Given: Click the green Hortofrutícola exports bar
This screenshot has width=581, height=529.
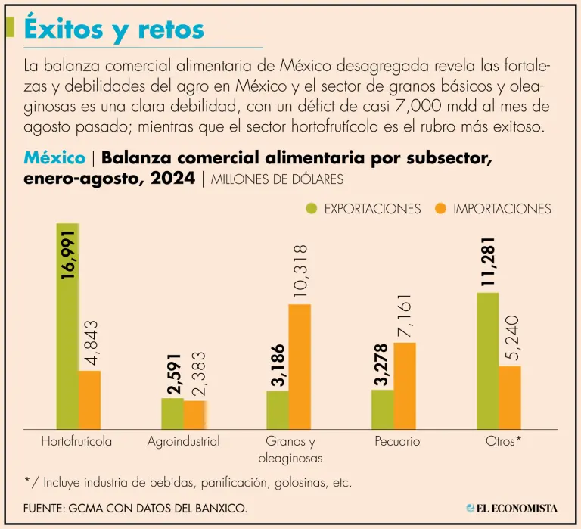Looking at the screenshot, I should click(67, 325).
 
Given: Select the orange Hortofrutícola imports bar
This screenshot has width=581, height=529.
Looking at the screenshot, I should click(90, 400).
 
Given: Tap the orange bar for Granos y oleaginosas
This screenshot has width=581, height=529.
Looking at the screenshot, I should click(300, 366).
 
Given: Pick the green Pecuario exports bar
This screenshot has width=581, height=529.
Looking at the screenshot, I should click(383, 409).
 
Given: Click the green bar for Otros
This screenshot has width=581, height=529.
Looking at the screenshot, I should click(488, 360).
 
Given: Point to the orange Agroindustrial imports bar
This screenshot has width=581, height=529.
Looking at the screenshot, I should click(195, 414).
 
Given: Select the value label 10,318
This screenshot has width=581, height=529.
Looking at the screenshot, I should click(300, 272).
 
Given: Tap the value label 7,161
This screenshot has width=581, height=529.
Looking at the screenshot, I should click(405, 316).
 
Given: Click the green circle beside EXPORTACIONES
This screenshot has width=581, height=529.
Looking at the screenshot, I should click(312, 208).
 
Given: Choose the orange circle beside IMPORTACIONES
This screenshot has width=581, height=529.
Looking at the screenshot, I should click(441, 208).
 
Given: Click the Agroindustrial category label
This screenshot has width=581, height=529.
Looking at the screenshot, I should click(184, 441).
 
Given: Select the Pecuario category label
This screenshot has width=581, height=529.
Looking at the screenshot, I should click(397, 441).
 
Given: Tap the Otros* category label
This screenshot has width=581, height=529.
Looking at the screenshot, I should click(503, 441).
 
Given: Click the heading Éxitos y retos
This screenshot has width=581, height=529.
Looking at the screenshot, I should click(114, 29).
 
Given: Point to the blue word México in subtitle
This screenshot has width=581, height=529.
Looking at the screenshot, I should click(54, 158).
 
